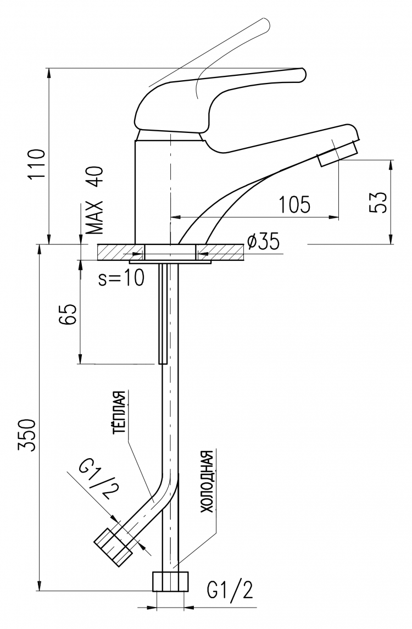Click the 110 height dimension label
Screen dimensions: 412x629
tap(36, 164)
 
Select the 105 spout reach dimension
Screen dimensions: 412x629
tap(294, 204)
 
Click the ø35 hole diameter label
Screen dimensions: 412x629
tap(263, 242)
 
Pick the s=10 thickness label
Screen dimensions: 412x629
tap(121, 278)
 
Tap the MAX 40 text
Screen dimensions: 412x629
tap(96, 200)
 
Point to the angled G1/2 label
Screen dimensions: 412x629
tap(95, 480)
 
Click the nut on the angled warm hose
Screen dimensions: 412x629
tap(114, 547)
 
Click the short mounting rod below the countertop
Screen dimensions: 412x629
tap(163, 314)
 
